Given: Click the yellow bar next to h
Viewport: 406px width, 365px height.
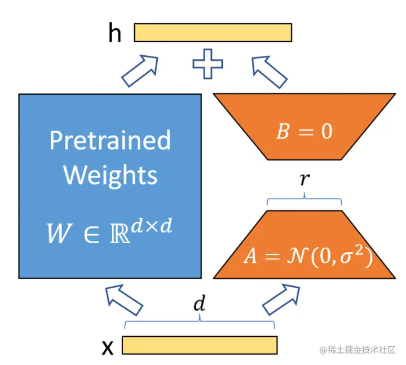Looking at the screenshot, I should coord(213,33).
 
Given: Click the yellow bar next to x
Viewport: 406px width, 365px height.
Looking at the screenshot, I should coord(199,345).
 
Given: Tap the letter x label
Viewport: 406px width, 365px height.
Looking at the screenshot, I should coord(107,346).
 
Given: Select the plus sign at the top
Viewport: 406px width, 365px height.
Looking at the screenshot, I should coord(208,64).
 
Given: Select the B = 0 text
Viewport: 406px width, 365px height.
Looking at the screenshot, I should coord(304,131).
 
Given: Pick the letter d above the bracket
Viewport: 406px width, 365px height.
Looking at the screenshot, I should coord(199,305).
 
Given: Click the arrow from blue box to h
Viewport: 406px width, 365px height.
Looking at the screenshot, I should coord(140,71).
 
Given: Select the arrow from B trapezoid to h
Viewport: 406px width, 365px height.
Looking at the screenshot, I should coord(270,71).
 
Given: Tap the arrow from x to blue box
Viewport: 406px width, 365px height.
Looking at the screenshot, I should coord(124,298).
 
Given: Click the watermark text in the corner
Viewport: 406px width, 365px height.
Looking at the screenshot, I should coord(358,350).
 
